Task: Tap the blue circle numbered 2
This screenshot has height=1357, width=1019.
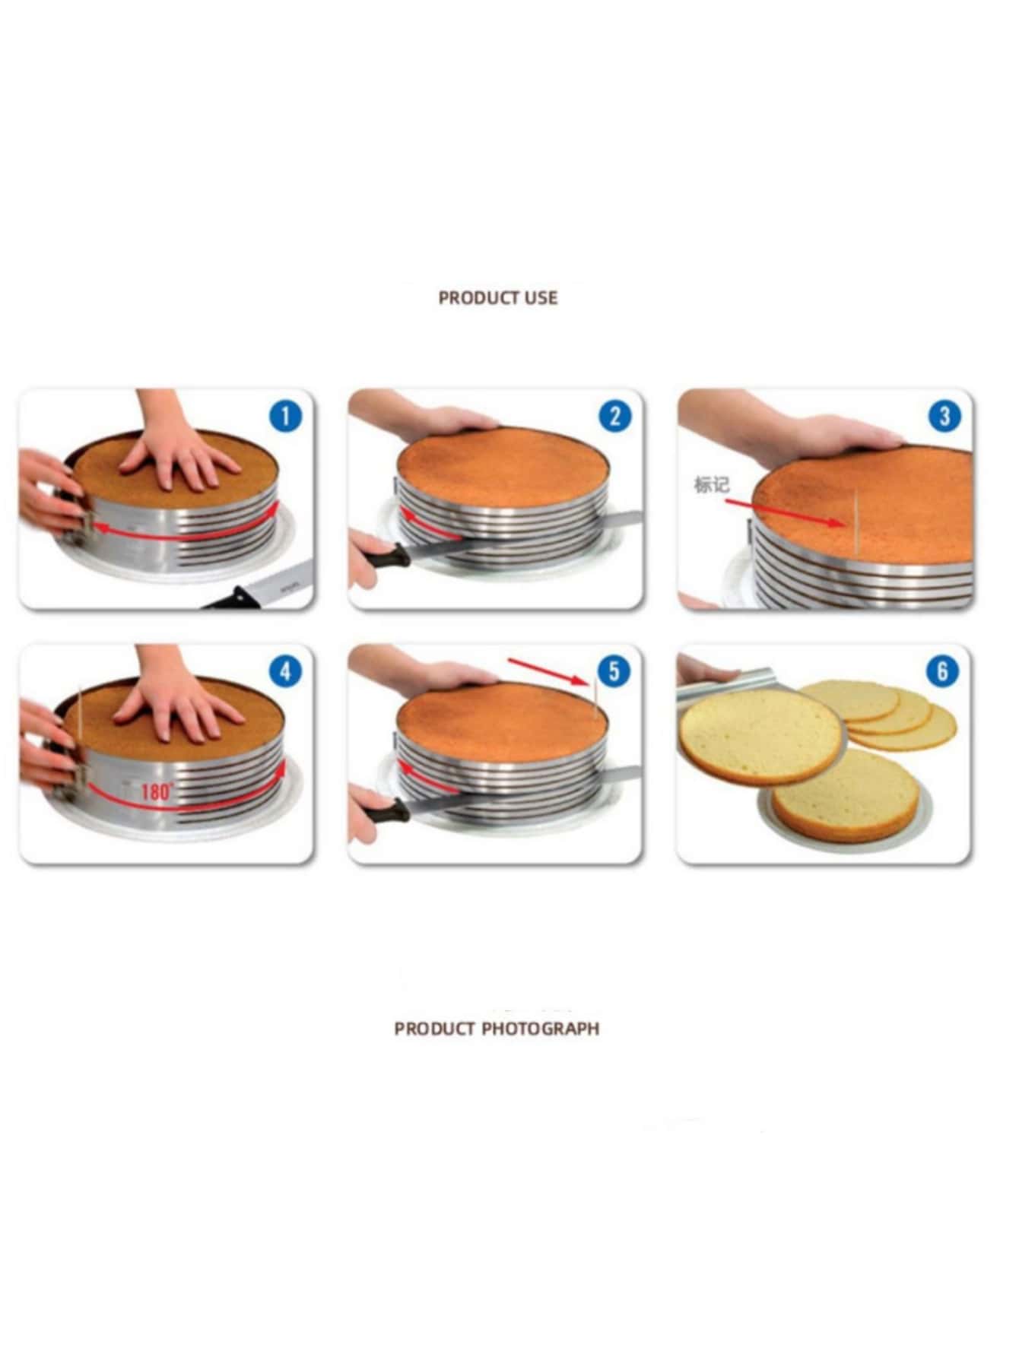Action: point(615,416)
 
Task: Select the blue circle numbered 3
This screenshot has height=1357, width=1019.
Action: point(944,416)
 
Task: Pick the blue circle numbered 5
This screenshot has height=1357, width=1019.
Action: point(614,671)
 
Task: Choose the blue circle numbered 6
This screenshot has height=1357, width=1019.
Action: point(943,671)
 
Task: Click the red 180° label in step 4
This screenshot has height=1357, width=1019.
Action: point(157,791)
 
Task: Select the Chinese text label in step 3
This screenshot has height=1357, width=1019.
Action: point(711,485)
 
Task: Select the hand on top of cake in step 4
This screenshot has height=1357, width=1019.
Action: point(173,703)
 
